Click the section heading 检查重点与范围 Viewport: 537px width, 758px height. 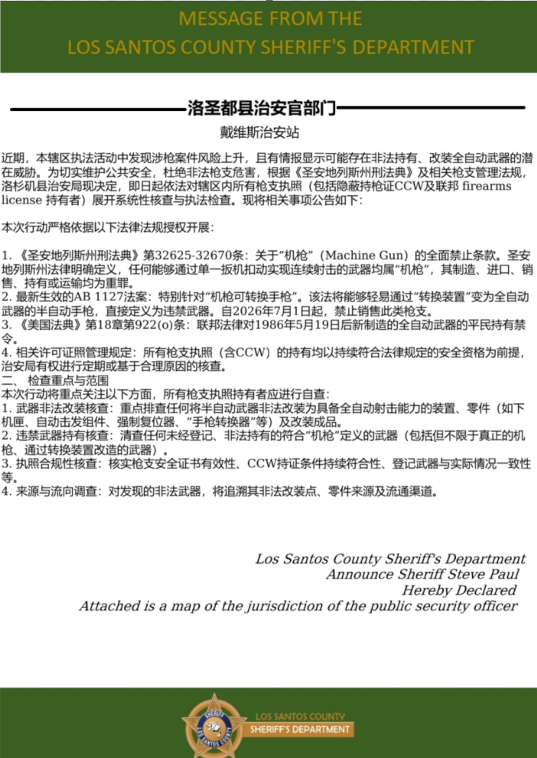click(x=69, y=379)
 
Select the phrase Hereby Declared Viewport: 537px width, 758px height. click(x=459, y=590)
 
